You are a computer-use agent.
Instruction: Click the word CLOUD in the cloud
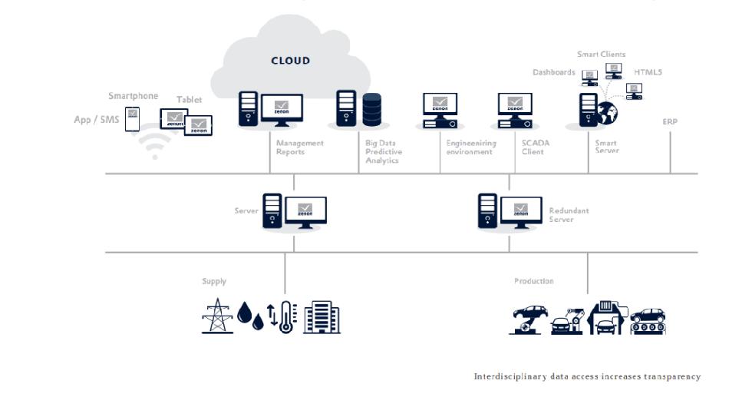[291, 61]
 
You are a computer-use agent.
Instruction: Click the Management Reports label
[300, 147]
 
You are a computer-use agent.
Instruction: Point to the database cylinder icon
[372, 109]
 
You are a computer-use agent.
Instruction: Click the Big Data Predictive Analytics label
[384, 151]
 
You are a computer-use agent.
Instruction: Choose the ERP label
[671, 121]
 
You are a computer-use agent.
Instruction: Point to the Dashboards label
[554, 72]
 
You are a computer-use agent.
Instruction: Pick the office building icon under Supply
[322, 316]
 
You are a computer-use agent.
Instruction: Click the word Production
[534, 281]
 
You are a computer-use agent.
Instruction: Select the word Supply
[214, 281]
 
